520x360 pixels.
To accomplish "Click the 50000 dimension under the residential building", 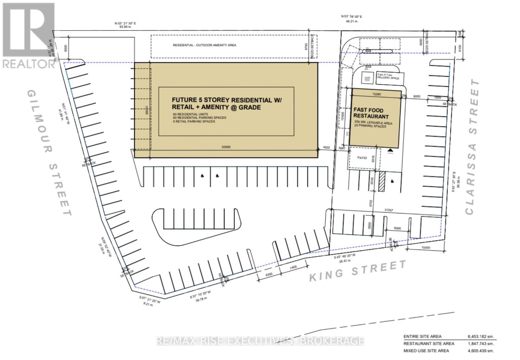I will click(x=226, y=147).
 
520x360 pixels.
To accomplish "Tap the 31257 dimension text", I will click(x=389, y=210).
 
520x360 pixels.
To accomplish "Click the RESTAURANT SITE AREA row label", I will click(x=429, y=343).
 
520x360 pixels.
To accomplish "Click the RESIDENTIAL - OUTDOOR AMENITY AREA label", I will click(x=204, y=45).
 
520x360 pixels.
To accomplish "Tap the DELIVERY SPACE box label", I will click(x=388, y=78).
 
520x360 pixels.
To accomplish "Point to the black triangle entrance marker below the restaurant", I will click(x=390, y=150).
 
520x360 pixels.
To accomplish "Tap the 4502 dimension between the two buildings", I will click(x=326, y=147).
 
